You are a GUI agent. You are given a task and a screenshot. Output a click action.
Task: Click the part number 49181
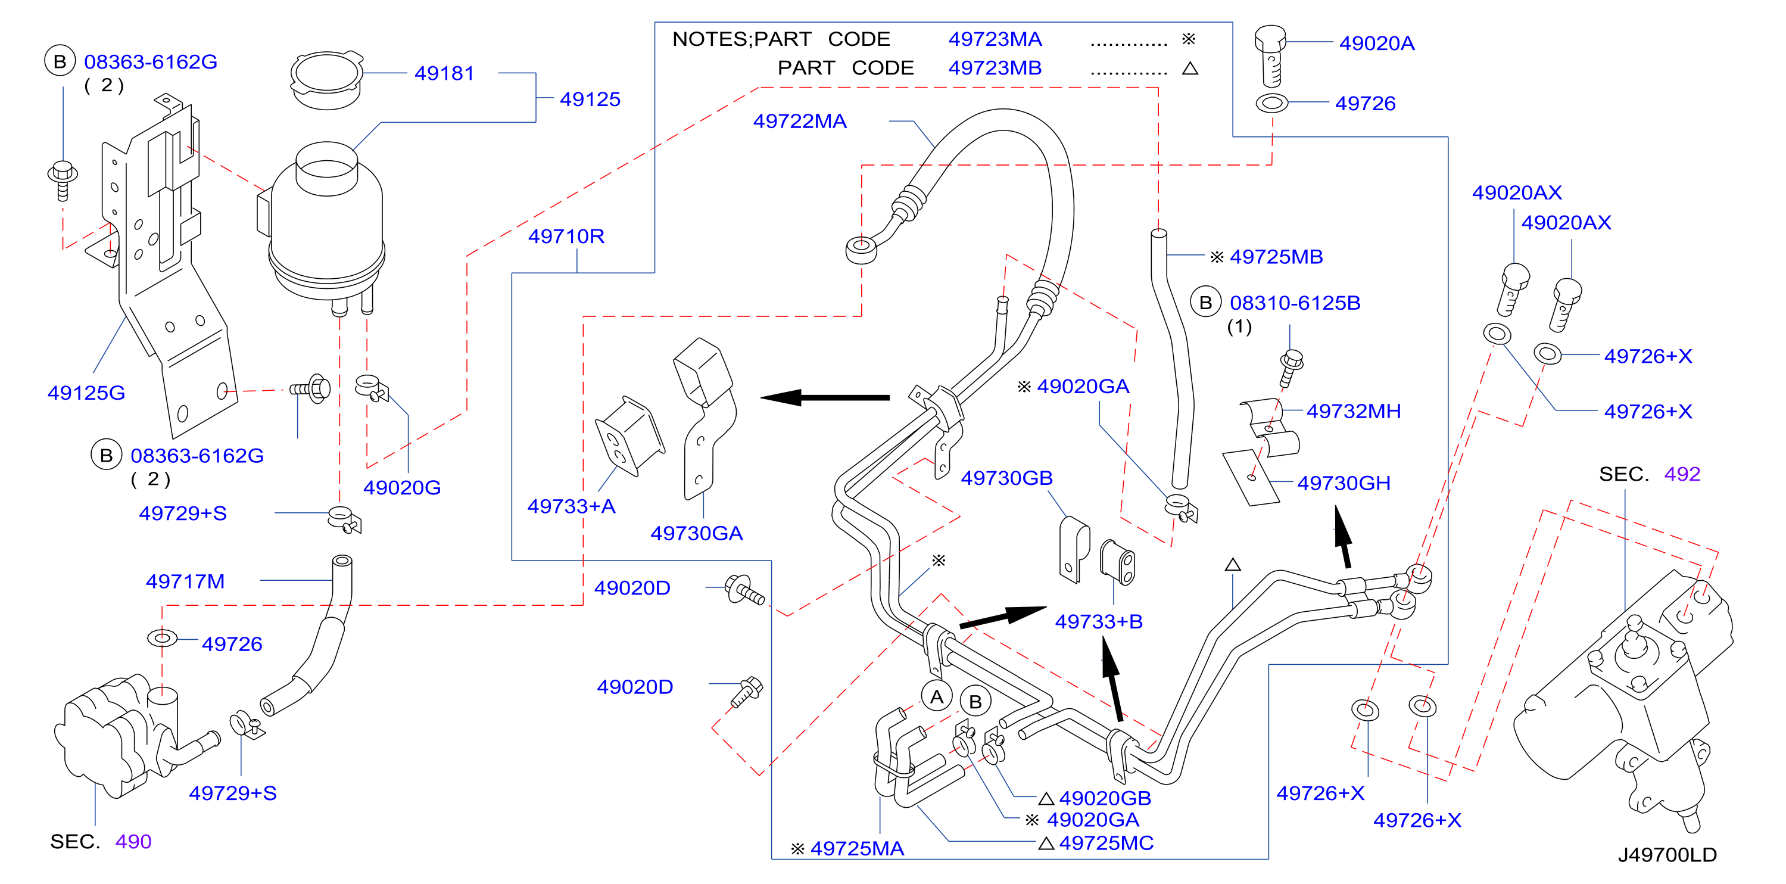(444, 73)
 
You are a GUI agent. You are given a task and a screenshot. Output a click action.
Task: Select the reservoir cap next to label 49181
(326, 79)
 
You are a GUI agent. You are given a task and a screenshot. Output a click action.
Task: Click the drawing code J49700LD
(1667, 854)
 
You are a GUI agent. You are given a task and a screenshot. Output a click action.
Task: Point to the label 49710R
(566, 236)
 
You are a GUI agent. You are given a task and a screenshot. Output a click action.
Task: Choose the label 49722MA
(799, 121)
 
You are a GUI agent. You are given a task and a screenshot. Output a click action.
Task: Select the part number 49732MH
(1354, 411)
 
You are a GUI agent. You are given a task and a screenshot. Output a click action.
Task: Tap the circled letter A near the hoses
(937, 697)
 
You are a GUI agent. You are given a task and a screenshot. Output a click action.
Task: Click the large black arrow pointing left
(824, 397)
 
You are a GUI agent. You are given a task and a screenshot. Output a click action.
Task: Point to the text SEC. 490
(101, 841)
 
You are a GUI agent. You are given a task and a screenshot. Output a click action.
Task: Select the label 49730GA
(696, 533)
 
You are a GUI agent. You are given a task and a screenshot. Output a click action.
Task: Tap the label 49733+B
(1098, 621)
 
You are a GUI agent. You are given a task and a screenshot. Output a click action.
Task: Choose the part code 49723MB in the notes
(995, 68)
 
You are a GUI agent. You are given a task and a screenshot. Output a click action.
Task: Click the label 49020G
(401, 487)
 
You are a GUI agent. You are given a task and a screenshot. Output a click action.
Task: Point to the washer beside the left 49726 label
(161, 637)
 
